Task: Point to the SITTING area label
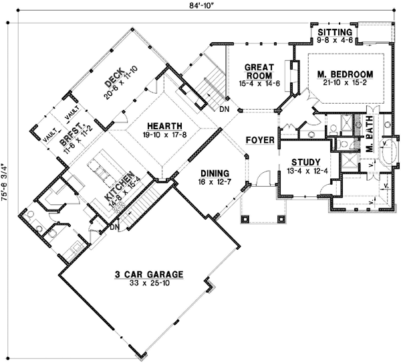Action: (333, 32)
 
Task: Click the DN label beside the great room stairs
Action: (224, 108)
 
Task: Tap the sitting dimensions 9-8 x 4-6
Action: (333, 40)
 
